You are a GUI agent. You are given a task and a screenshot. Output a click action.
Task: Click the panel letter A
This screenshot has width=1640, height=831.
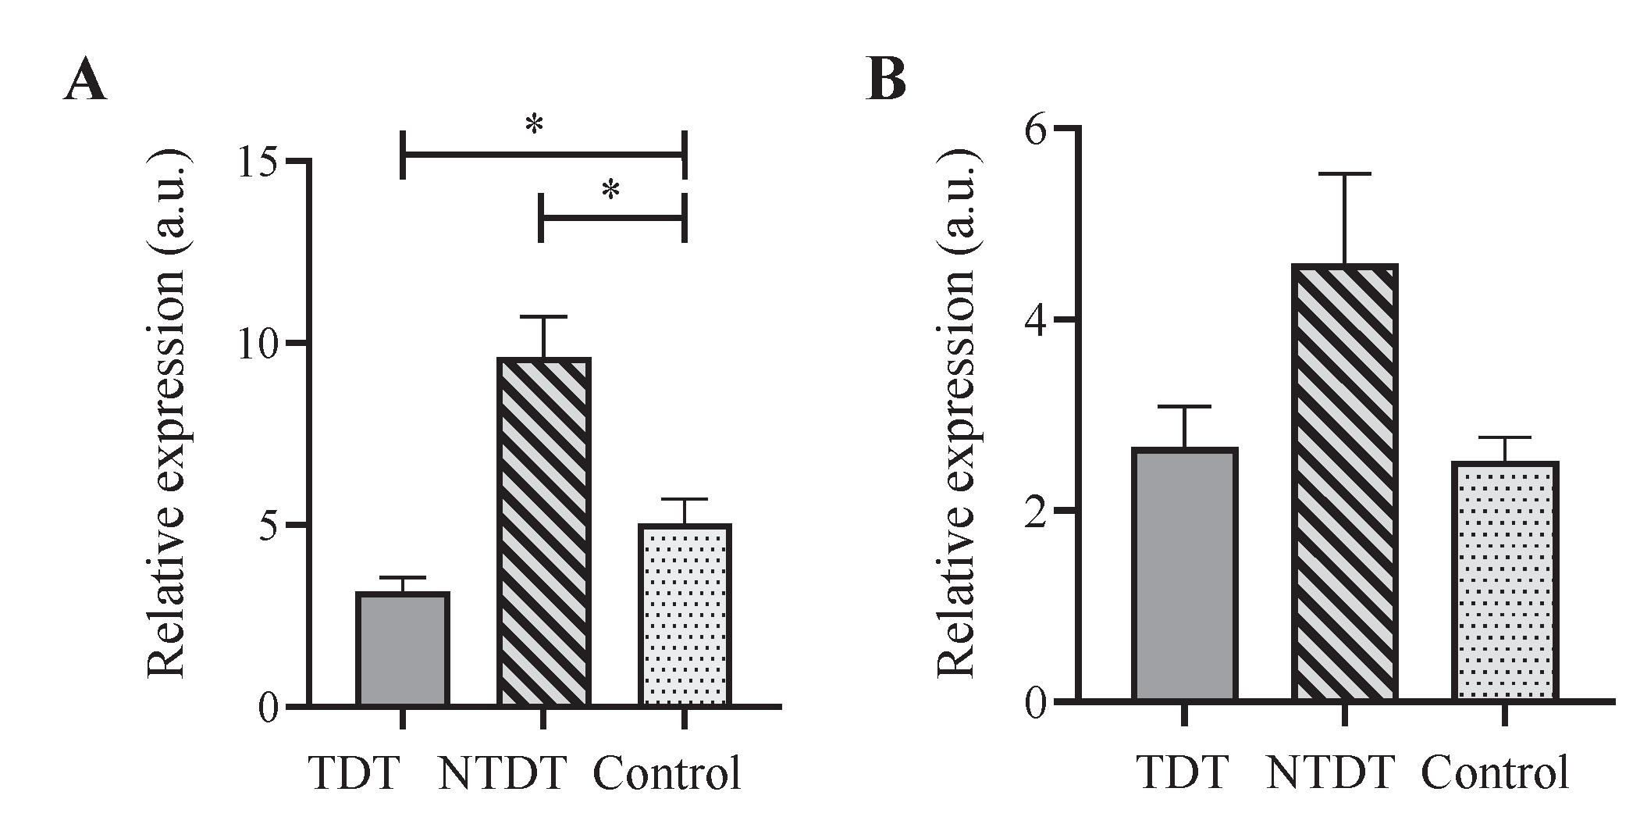pos(84,81)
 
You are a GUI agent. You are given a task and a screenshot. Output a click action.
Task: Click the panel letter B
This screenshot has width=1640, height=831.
pos(886,81)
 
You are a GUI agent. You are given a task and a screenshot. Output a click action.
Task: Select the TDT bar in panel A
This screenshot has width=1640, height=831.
pos(402,650)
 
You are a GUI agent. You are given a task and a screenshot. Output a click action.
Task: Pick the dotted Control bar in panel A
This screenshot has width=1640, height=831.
pos(685,615)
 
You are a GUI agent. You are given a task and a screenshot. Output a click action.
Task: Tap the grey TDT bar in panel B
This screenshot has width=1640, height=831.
pos(1185,575)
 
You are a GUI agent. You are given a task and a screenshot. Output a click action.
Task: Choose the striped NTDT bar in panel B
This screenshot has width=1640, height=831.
pos(1345,483)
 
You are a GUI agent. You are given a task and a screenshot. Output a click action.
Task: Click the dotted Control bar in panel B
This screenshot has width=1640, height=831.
pos(1505,582)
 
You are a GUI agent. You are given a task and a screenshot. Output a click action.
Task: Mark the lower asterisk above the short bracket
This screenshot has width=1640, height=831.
pos(611,191)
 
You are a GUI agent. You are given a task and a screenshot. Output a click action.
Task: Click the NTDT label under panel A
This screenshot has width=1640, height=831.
pos(501,773)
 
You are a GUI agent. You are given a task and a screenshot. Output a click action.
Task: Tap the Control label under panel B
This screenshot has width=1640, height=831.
pos(1494,773)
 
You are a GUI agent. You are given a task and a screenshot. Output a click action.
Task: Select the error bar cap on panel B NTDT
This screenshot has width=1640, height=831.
pos(1345,174)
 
